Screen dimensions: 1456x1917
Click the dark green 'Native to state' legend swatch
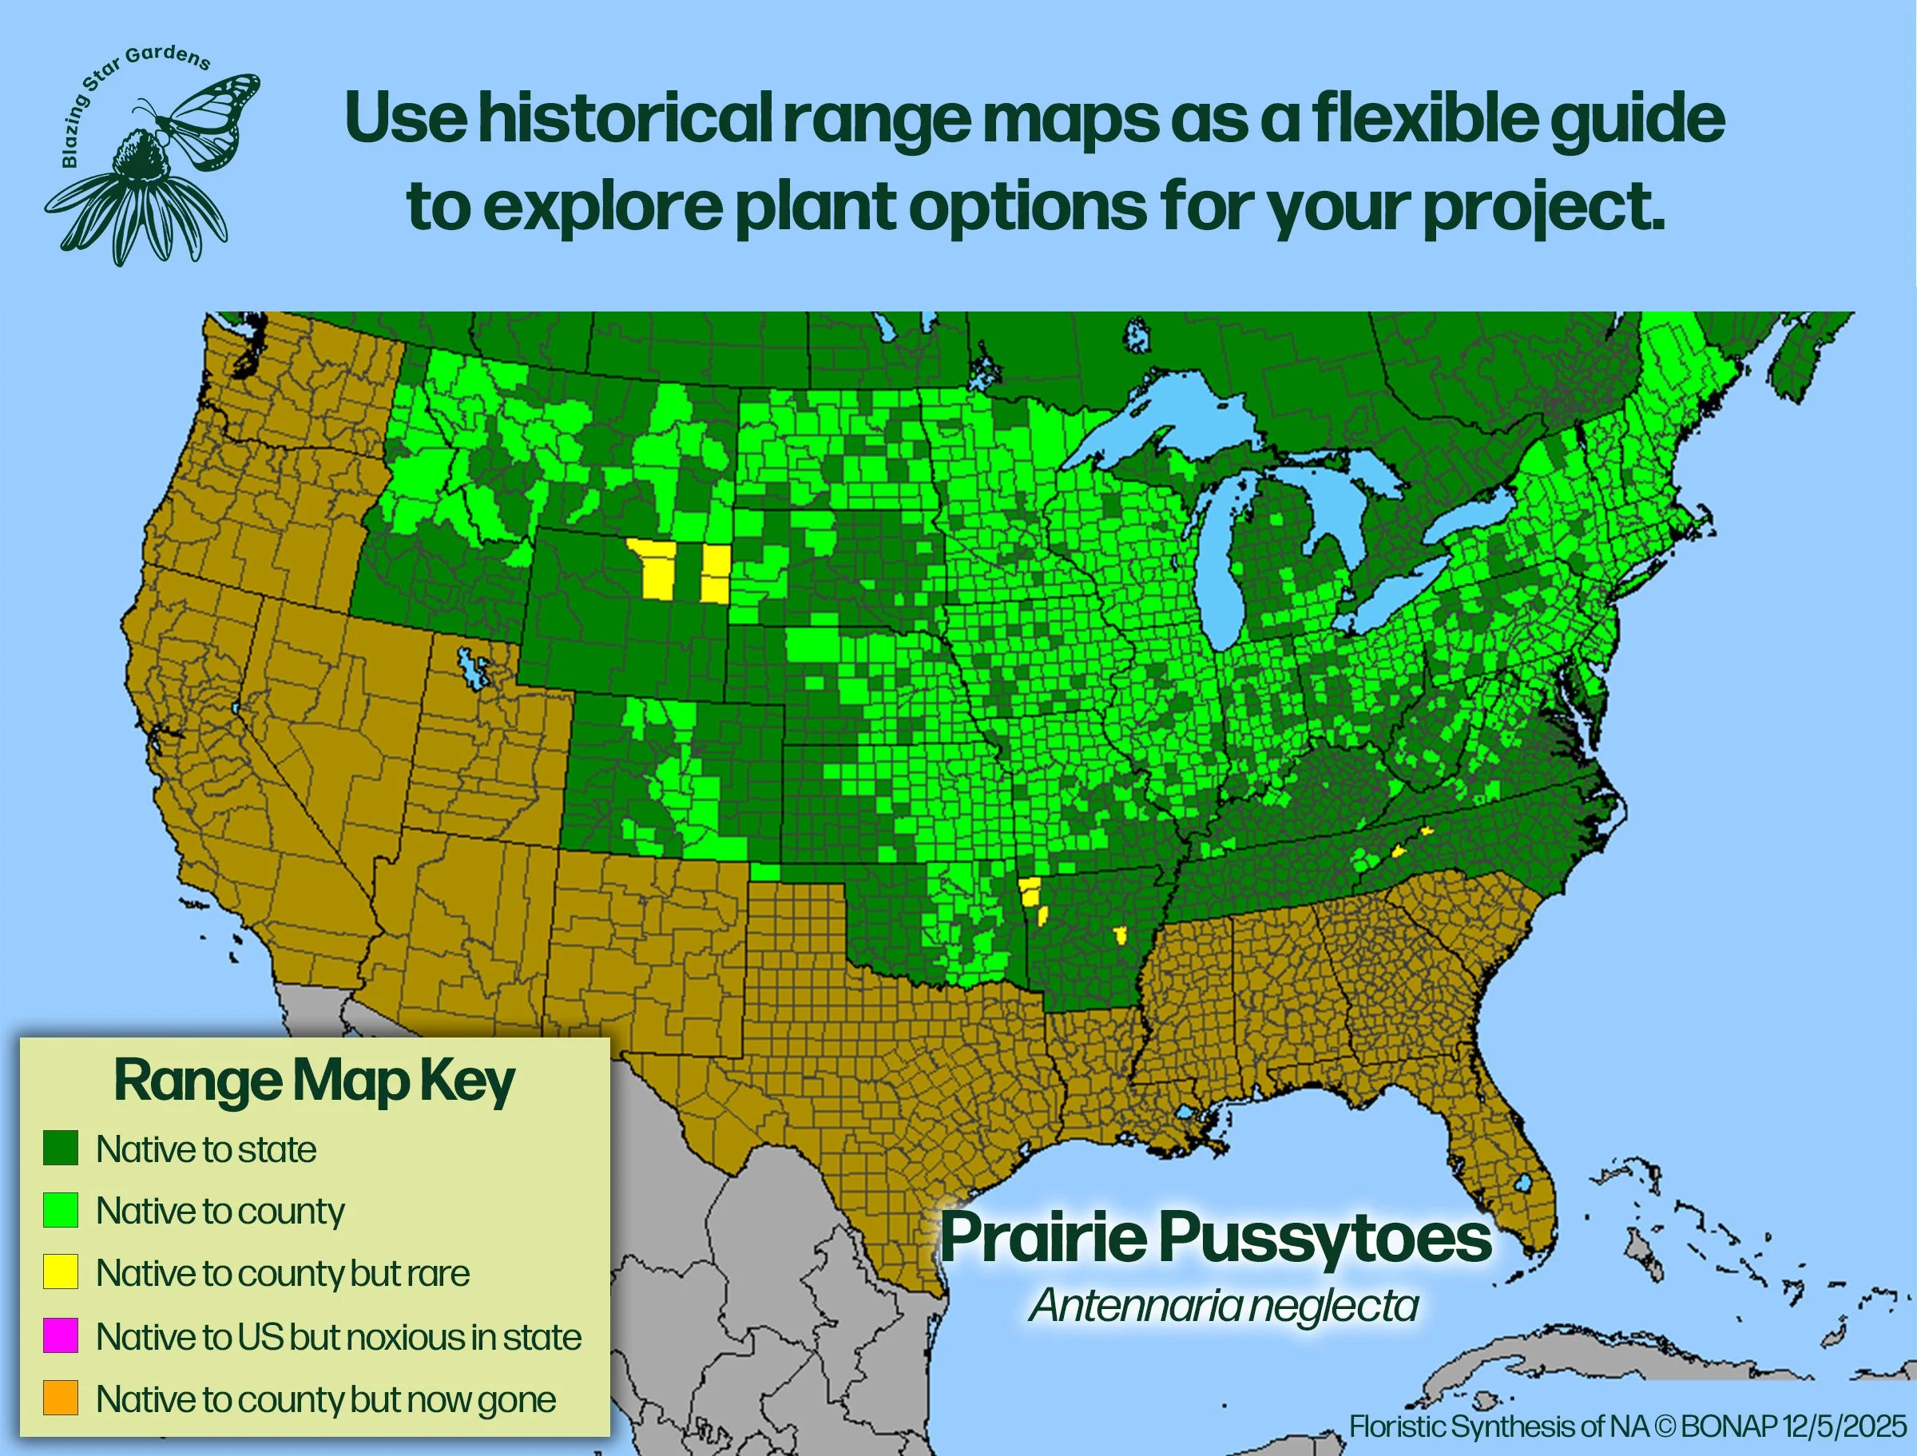[x=61, y=1148]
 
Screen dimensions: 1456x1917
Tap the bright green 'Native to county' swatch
[x=61, y=1210]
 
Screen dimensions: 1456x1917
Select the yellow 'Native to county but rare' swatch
[x=61, y=1272]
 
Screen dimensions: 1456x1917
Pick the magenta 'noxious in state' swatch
[x=61, y=1335]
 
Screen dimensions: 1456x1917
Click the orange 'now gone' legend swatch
[x=61, y=1398]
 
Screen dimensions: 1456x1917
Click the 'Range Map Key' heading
[x=314, y=1081]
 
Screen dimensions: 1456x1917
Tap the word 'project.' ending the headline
[x=1542, y=208]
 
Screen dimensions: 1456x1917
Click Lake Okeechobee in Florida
[x=1523, y=1182]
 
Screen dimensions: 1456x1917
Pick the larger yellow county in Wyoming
[x=654, y=568]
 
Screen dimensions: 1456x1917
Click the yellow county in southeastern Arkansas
[x=1121, y=935]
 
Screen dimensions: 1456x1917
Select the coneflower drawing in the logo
[x=139, y=200]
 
